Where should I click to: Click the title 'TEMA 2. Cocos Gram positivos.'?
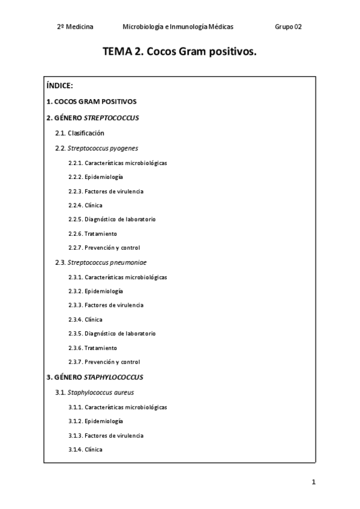(180, 52)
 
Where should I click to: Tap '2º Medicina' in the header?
(74, 26)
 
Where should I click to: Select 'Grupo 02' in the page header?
(289, 26)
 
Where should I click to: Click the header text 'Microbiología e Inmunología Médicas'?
(178, 26)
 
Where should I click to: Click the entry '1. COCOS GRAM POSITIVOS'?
(91, 101)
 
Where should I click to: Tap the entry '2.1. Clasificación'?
(80, 133)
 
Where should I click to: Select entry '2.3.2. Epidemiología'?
(96, 291)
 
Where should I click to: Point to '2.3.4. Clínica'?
(85, 319)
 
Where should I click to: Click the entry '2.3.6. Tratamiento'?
(92, 348)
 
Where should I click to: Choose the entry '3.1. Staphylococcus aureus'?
(95, 393)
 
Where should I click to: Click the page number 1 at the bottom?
(313, 482)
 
